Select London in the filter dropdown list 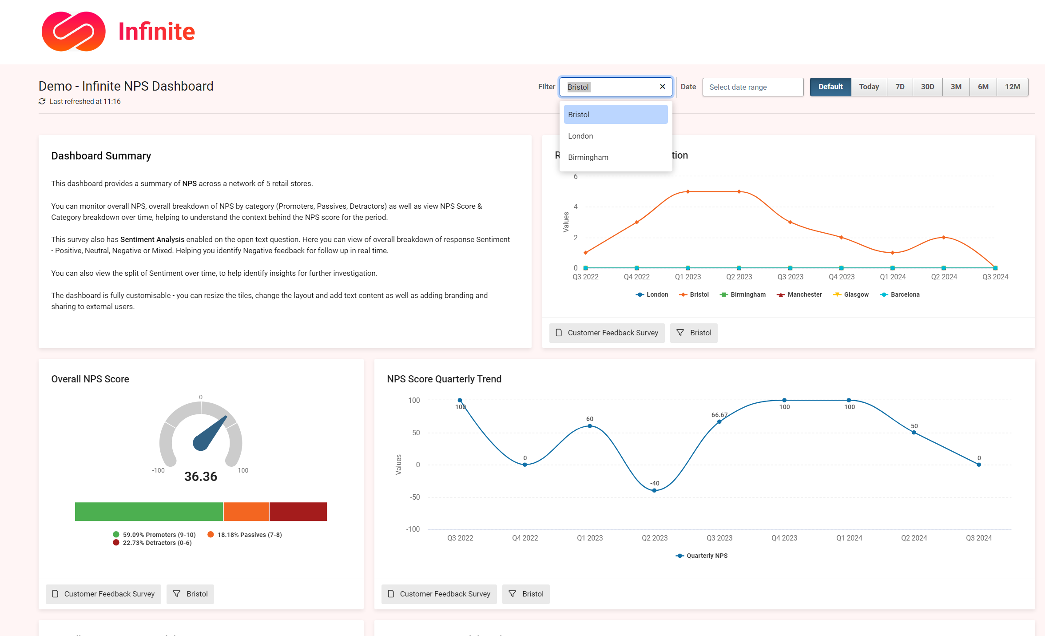coord(580,136)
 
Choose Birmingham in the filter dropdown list coord(588,157)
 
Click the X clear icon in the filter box coord(662,87)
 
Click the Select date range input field coord(752,87)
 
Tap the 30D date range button coord(927,87)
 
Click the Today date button coord(868,87)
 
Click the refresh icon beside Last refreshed coord(42,101)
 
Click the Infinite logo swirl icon coord(73,32)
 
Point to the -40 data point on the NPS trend coord(654,490)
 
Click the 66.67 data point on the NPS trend coord(719,421)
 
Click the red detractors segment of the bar coord(298,512)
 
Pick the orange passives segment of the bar coord(246,512)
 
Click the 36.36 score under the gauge coord(201,477)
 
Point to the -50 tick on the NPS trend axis coord(414,497)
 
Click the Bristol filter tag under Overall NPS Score coord(190,594)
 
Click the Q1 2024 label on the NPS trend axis coord(849,538)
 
